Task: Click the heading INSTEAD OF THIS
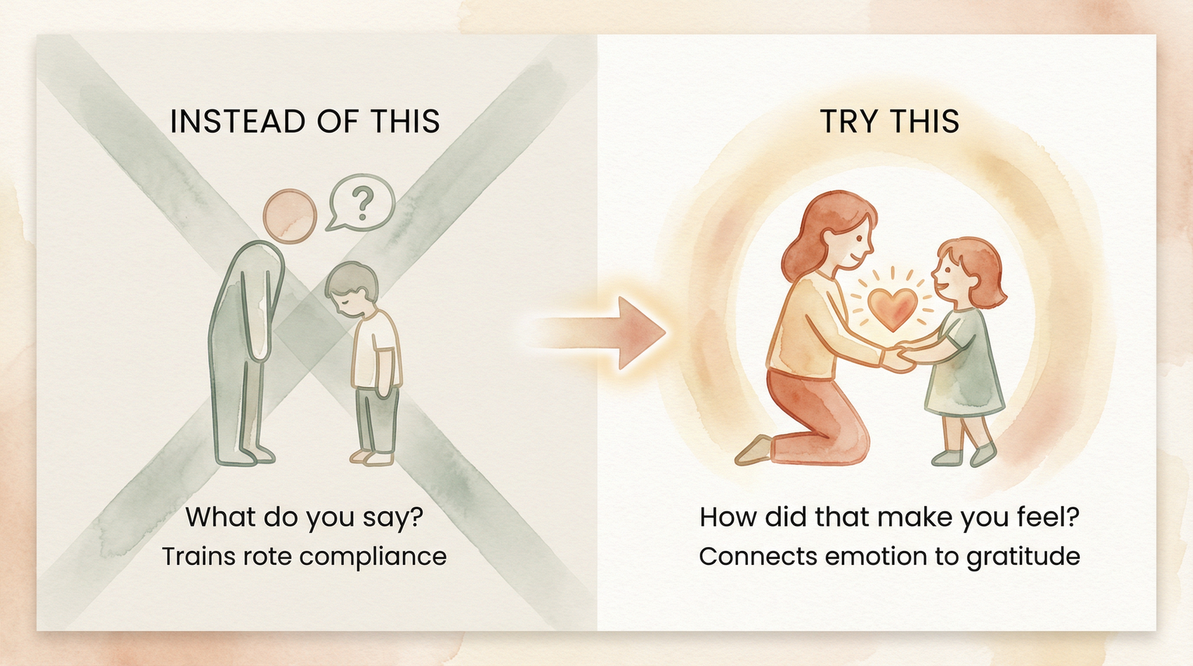pos(304,122)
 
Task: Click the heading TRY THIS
pos(889,122)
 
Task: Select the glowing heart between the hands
pos(892,307)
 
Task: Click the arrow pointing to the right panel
pos(602,332)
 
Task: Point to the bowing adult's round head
pos(290,214)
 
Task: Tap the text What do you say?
pos(304,517)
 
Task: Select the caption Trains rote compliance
pos(304,556)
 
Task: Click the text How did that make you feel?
pos(889,517)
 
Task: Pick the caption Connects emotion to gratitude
pos(889,556)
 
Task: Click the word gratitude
pos(1023,557)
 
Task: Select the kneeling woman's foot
pos(752,451)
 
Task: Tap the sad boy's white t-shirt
pos(376,346)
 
